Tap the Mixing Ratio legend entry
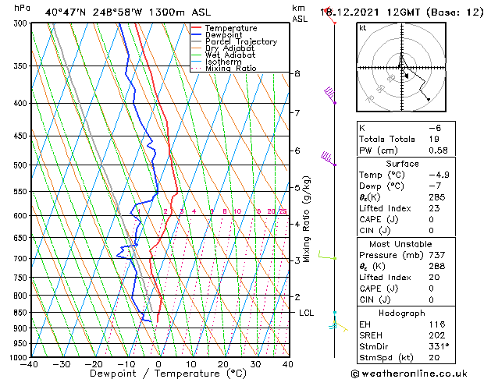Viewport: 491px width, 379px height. [x=232, y=69]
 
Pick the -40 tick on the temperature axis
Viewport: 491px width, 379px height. [x=30, y=365]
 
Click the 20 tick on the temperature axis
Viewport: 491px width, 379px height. [x=223, y=365]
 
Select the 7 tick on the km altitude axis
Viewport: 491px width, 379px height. [x=297, y=113]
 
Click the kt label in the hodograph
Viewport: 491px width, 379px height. [x=363, y=28]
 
